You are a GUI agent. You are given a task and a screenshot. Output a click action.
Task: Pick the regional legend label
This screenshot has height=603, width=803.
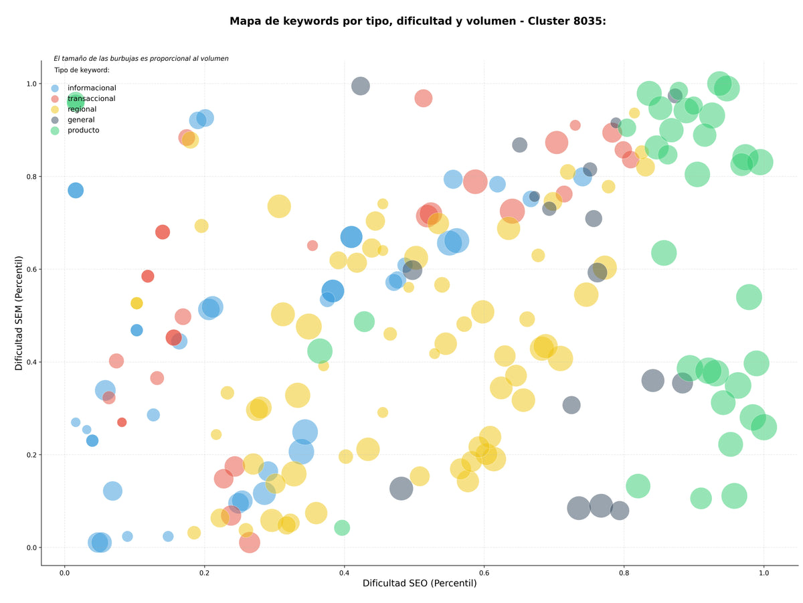(81, 108)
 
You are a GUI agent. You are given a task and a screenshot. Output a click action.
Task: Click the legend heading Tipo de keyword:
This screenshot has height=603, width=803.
(81, 70)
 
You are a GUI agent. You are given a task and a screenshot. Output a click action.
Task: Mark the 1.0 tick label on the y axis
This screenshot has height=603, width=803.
(31, 83)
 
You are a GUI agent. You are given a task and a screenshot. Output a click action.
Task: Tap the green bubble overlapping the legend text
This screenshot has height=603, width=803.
(75, 100)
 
